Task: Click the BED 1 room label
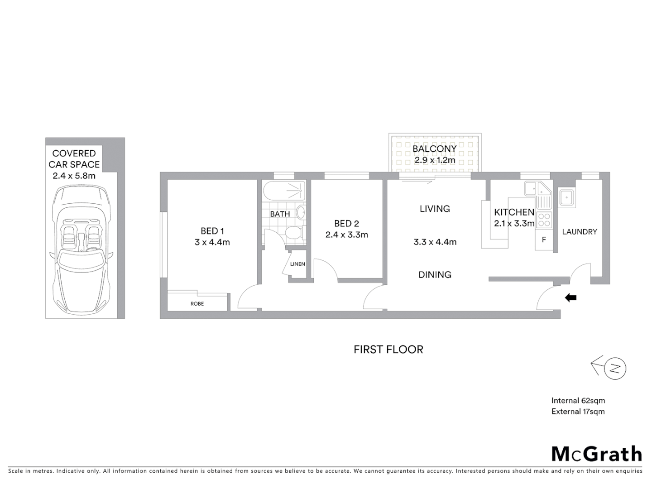point(212,231)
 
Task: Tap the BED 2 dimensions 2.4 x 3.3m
point(346,235)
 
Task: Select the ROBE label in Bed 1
point(197,304)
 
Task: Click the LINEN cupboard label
point(297,264)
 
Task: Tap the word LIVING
point(435,209)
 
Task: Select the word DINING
point(435,275)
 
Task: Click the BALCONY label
point(435,149)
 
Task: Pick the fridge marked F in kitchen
point(544,240)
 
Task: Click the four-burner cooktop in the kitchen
point(544,220)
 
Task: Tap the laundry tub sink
point(566,198)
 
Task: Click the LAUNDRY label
point(580,232)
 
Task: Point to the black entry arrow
point(570,298)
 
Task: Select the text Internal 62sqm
point(578,401)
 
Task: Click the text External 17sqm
point(578,412)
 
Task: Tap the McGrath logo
point(596,454)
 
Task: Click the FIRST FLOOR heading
point(388,350)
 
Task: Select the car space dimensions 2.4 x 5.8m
point(74,176)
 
